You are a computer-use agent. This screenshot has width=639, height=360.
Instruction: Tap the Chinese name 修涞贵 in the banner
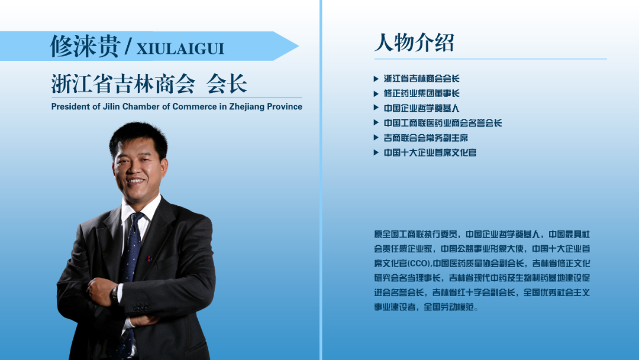pos(85,46)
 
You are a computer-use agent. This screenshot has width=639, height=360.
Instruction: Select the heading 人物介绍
pos(414,43)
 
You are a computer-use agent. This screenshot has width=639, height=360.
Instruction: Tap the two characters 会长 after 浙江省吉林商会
pos(227,83)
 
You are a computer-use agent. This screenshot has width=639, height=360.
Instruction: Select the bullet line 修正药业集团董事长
pos(421,94)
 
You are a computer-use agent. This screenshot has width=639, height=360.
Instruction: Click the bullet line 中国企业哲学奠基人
pos(421,108)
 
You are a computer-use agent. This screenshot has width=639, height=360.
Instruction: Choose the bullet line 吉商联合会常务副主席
pos(426,138)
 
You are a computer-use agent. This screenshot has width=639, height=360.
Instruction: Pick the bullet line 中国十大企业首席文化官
pos(430,153)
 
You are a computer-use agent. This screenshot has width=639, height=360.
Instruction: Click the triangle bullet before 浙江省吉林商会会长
pos(376,79)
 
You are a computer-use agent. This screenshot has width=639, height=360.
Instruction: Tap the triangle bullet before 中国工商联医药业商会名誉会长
pos(376,123)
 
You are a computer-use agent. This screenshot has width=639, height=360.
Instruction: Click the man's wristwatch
pos(115,292)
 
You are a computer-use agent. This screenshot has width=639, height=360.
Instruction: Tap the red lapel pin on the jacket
pos(149,259)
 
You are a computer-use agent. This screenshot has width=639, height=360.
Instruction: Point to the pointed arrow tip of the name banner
pos(298,46)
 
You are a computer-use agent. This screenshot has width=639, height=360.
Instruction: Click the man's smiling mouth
pos(135,181)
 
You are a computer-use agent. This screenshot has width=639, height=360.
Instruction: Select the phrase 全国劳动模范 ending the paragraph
pos(448,307)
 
